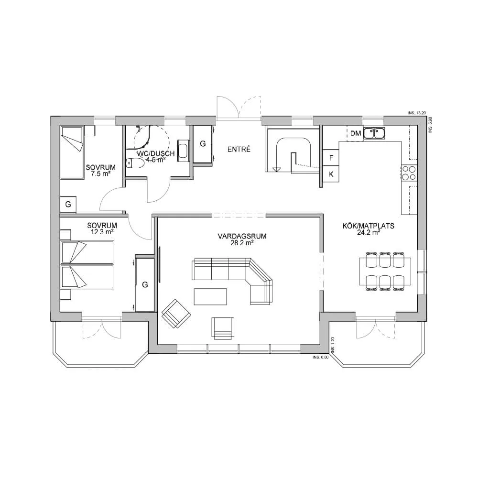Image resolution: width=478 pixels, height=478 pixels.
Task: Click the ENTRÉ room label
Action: coord(239,149)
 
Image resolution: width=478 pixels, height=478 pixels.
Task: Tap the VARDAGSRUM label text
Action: coord(242,236)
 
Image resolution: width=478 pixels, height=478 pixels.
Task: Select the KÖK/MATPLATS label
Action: coord(368,226)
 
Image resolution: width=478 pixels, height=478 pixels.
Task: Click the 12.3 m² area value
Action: coord(102,231)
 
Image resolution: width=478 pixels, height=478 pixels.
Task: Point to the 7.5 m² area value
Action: coord(100,174)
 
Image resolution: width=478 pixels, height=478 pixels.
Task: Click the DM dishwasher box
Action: coord(355,133)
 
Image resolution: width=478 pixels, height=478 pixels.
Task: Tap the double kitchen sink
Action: coord(374,133)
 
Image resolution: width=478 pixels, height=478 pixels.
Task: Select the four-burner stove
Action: coord(409,173)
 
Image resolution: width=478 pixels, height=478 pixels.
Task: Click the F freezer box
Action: coord(331,158)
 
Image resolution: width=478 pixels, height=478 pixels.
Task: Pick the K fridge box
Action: coord(331,174)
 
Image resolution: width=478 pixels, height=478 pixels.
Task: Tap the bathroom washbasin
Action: coord(183,150)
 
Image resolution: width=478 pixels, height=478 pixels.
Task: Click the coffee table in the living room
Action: coord(210,296)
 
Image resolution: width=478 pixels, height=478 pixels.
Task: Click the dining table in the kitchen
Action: coord(385,272)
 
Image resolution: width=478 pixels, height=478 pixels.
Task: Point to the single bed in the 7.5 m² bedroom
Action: coord(72,152)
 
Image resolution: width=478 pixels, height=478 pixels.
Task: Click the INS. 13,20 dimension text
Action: coord(417,113)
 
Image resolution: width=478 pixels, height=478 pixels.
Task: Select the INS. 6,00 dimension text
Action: coord(321,357)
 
